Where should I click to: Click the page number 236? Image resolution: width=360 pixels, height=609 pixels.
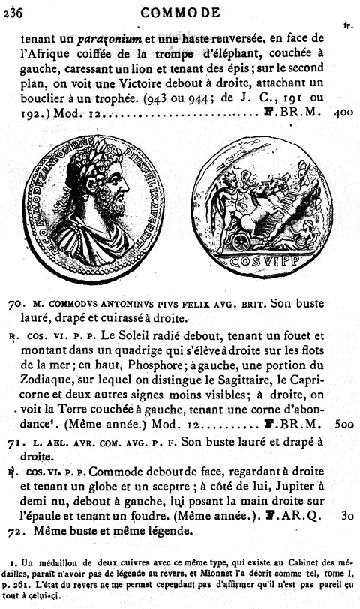(x=13, y=10)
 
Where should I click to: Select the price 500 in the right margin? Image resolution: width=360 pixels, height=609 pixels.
(x=343, y=423)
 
